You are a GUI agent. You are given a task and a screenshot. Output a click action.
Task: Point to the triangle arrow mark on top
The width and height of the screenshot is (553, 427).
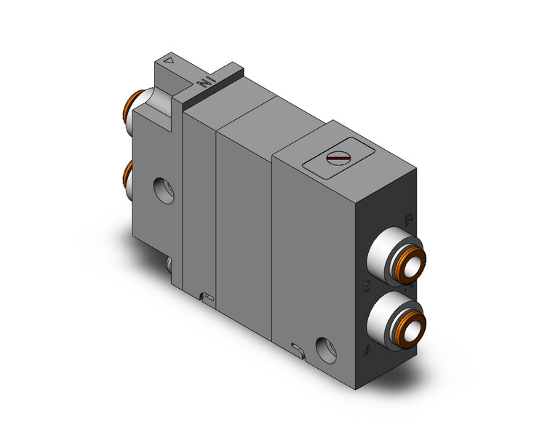(170, 63)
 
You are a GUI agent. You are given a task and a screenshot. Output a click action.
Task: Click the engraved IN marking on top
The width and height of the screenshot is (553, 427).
(205, 84)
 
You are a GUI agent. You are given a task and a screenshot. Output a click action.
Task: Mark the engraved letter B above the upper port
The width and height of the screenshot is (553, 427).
(408, 219)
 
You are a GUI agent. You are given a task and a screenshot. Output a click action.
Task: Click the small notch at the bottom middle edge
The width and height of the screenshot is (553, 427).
(207, 297)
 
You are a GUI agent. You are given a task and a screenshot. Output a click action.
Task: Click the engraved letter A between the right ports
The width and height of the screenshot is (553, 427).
(409, 287)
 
